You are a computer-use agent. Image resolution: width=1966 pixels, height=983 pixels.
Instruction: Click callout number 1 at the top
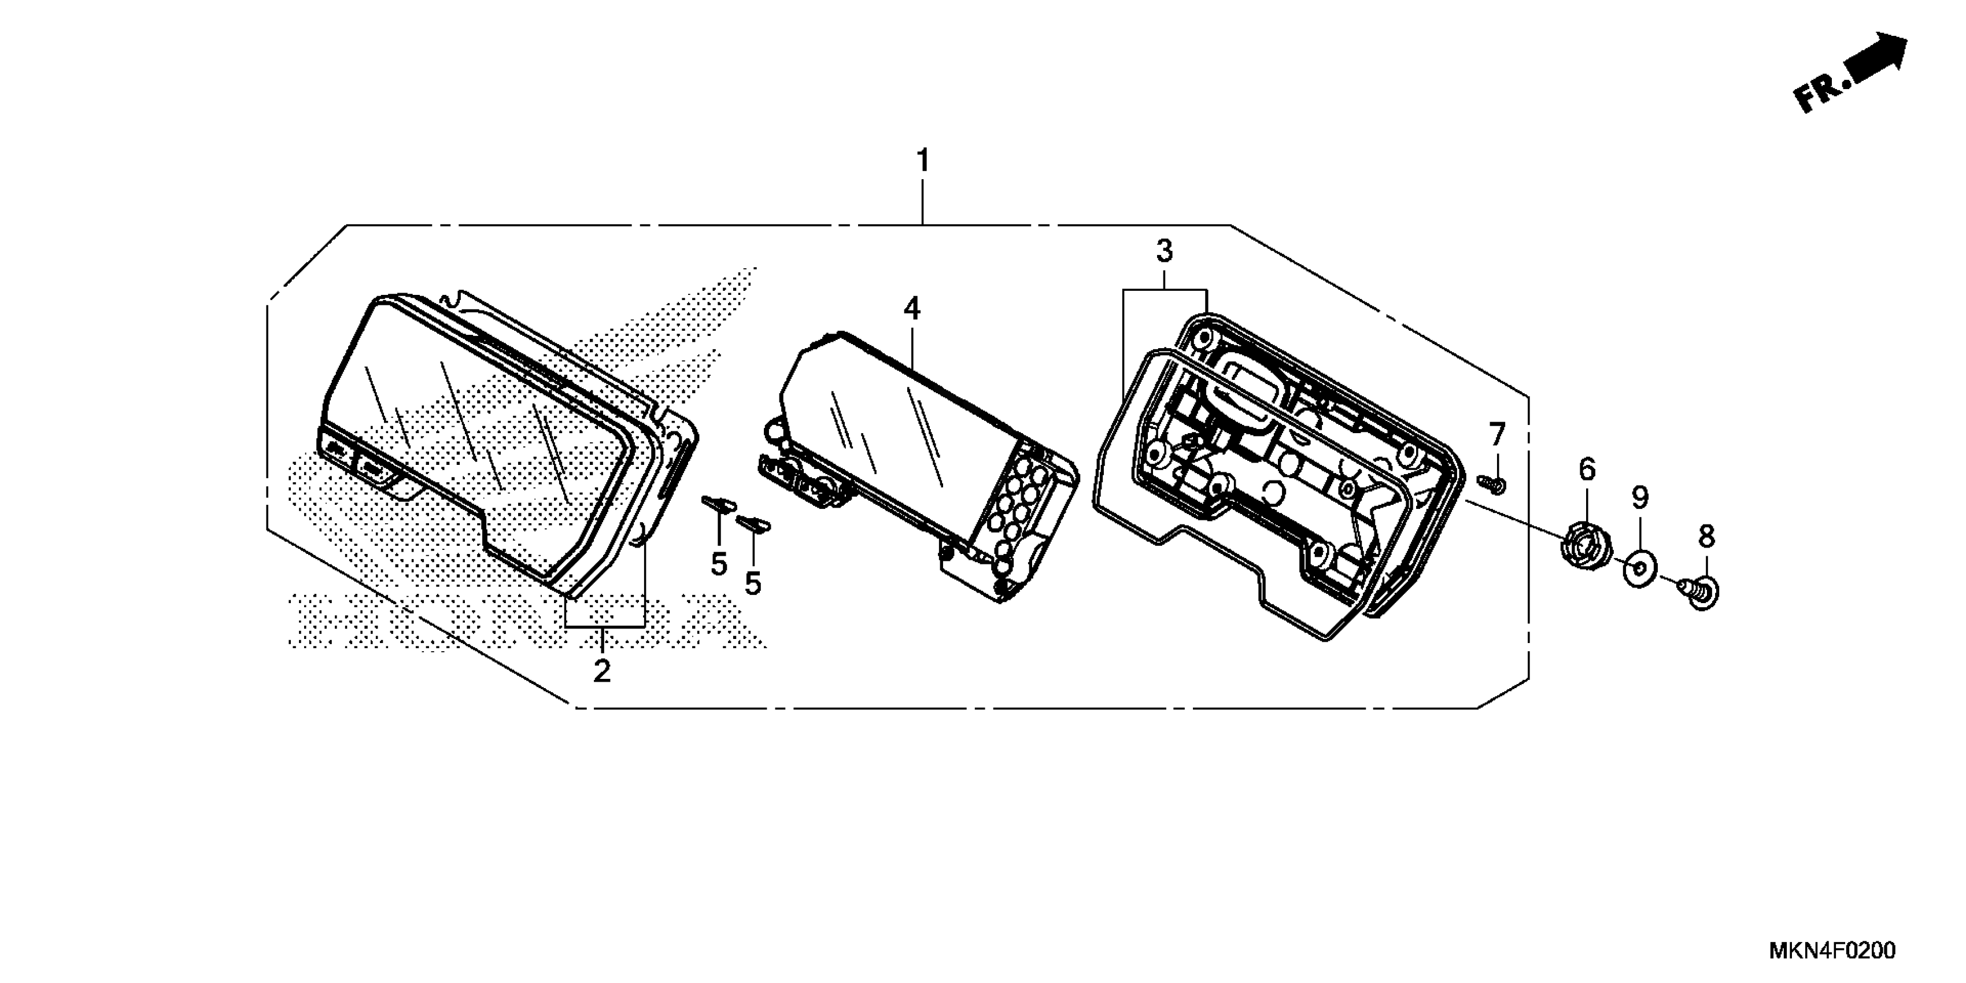point(923,161)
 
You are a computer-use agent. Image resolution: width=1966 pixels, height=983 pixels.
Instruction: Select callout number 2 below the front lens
point(602,671)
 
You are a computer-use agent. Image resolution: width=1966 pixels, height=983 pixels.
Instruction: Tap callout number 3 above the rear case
point(1164,250)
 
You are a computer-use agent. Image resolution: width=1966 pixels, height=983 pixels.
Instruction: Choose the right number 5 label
point(753,584)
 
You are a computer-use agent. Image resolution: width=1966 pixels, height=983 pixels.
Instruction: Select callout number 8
point(1706,537)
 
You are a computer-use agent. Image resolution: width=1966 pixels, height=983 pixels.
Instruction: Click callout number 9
point(1639,498)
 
